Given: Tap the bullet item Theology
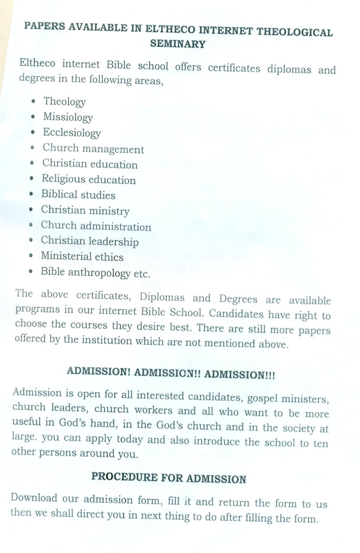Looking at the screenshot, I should point(64,102).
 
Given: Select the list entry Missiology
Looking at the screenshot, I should point(67,118).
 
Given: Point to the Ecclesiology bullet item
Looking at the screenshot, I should point(72,133).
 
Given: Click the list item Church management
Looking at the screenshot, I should point(93,149).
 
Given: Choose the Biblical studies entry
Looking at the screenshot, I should point(78,195).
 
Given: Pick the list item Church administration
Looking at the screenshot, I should point(95,226).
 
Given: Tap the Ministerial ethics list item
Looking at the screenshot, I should point(82,256).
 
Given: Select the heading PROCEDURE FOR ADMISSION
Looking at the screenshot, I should point(169,478).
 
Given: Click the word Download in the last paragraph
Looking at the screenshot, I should point(34,498).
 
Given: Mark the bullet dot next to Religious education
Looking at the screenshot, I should point(32,180).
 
